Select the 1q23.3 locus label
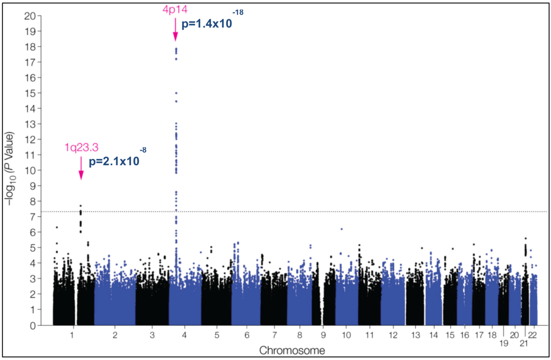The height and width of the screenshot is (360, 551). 81,147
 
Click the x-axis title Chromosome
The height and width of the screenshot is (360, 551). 292,350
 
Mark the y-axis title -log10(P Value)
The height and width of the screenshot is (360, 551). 12,170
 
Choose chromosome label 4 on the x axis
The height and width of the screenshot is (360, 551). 185,335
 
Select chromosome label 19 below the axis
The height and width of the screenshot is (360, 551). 504,344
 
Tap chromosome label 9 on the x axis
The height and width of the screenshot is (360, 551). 323,335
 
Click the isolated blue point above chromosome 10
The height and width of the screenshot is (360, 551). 342,229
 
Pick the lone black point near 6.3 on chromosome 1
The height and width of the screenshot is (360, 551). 57,227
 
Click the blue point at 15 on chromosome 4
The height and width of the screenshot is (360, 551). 176,93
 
